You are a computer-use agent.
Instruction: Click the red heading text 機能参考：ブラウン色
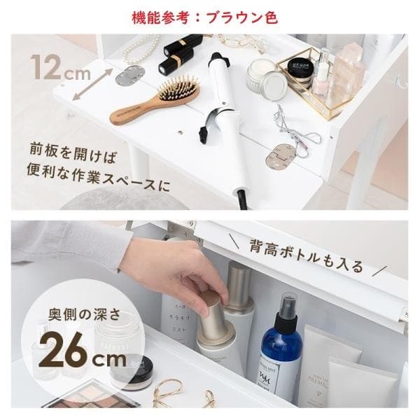(x=210, y=16)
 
